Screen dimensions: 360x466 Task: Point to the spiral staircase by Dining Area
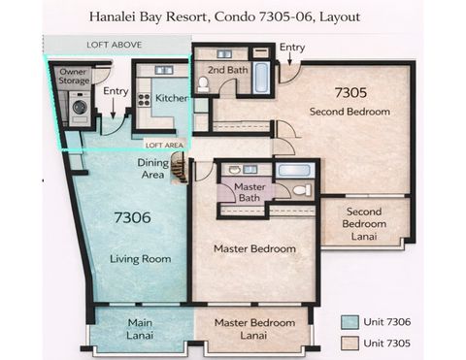click(x=178, y=171)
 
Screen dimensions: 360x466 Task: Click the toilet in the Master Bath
click(x=301, y=189)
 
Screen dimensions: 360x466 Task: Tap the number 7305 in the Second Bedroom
click(x=350, y=93)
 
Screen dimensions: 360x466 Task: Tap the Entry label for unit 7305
click(x=291, y=48)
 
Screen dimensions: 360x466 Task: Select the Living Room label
click(x=141, y=259)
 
